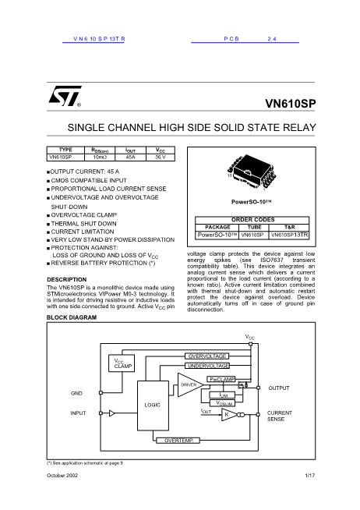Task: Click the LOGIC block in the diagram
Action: [152, 406]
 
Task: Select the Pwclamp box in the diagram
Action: [222, 378]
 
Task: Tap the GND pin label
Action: [76, 392]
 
